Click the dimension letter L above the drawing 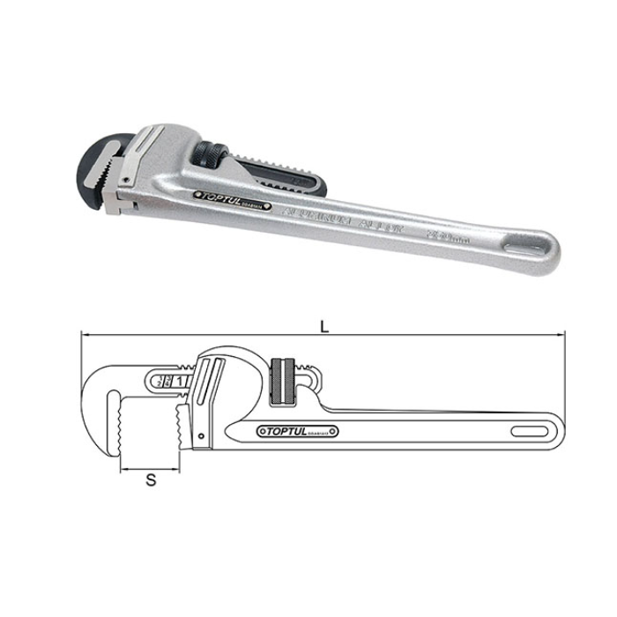tap(324, 326)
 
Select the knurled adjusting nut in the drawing tap(284, 381)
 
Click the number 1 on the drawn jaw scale tap(181, 381)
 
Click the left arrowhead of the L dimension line tap(84, 336)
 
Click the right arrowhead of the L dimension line tap(559, 336)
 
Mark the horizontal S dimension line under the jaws tap(151, 467)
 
